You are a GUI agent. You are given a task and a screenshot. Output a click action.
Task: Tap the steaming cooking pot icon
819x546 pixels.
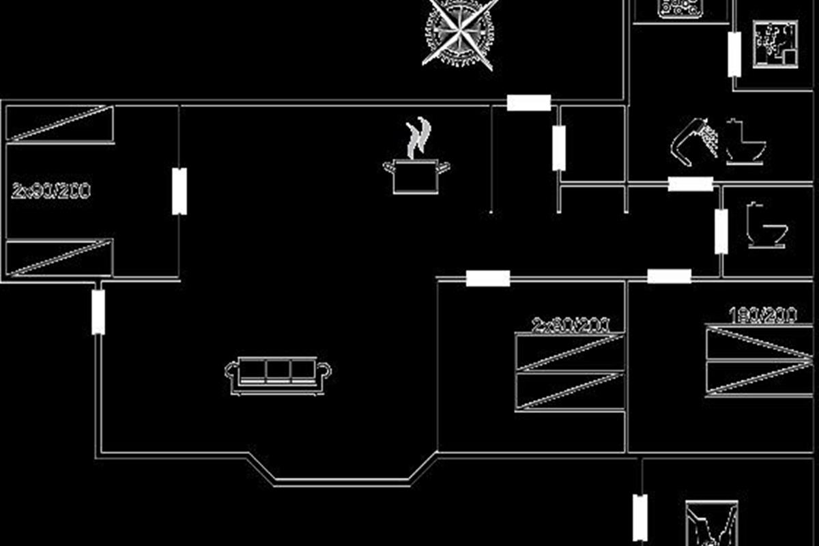tap(416, 175)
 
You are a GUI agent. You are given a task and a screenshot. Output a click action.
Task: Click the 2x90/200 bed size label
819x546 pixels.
tap(51, 190)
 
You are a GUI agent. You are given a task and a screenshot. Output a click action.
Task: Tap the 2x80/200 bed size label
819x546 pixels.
tap(571, 325)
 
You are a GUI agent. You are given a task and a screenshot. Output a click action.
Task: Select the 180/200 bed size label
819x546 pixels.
tap(762, 315)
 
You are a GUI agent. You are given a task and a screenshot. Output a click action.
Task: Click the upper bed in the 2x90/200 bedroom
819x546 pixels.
tap(59, 124)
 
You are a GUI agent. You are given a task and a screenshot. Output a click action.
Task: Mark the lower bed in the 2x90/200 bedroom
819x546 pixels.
tap(59, 258)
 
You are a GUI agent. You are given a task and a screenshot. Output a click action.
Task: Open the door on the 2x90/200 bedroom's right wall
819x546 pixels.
tap(179, 191)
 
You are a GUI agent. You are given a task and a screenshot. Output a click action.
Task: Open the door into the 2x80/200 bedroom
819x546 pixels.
tap(488, 278)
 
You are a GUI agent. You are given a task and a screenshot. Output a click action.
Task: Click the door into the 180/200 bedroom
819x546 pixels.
tap(669, 276)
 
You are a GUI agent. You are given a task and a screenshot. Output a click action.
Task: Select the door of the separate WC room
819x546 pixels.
tap(721, 231)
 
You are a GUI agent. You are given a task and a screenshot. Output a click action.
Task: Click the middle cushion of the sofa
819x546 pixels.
tap(278, 369)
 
